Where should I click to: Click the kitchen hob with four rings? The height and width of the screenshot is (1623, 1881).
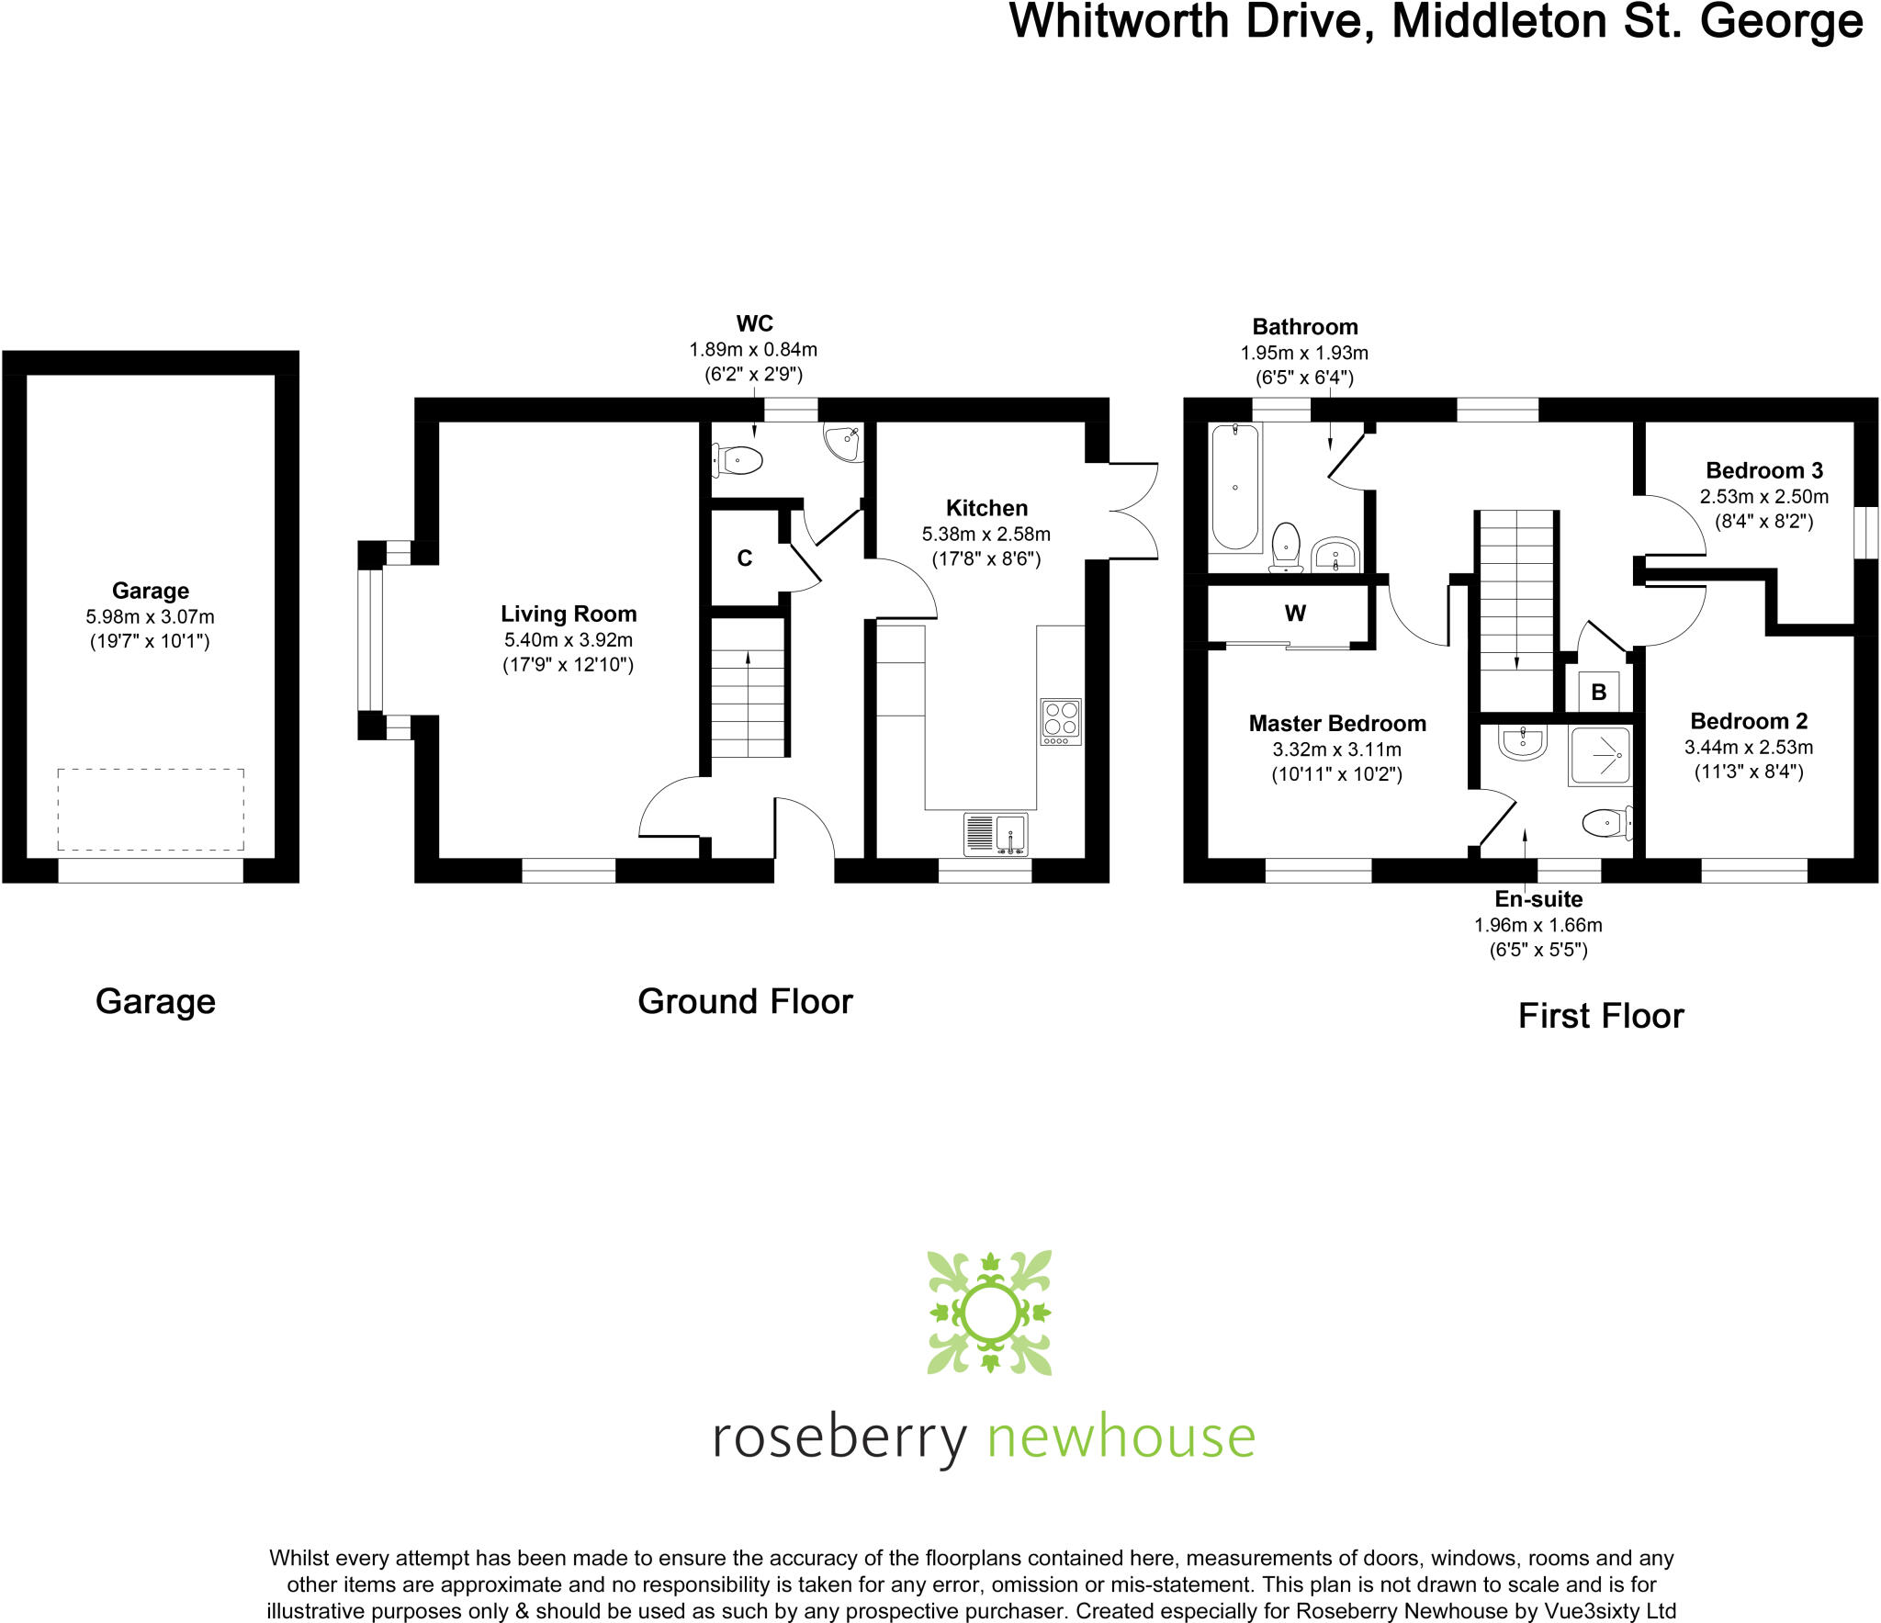tap(1061, 722)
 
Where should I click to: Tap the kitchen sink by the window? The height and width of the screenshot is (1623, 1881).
tap(996, 834)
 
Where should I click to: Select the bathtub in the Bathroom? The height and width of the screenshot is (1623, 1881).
tap(1235, 487)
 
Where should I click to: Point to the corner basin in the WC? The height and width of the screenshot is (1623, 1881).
tap(842, 442)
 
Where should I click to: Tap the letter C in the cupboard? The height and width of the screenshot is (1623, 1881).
tap(745, 558)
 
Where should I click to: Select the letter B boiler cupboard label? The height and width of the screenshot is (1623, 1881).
tap(1599, 693)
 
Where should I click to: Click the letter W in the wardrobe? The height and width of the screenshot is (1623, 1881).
tap(1295, 614)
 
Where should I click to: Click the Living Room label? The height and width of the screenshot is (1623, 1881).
tap(569, 614)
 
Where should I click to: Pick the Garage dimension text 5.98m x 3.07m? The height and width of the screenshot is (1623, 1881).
tap(151, 616)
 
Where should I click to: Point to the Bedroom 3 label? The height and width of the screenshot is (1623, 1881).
tap(1763, 470)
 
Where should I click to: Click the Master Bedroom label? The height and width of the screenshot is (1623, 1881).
tap(1337, 724)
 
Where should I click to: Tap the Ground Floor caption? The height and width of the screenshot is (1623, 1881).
tap(745, 1001)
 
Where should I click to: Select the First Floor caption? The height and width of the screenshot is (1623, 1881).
tap(1601, 1016)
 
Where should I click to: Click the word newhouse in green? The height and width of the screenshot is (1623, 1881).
tap(1121, 1437)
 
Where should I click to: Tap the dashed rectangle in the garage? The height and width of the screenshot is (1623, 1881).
tap(151, 809)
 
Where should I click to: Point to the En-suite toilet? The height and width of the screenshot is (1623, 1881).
tap(1607, 822)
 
